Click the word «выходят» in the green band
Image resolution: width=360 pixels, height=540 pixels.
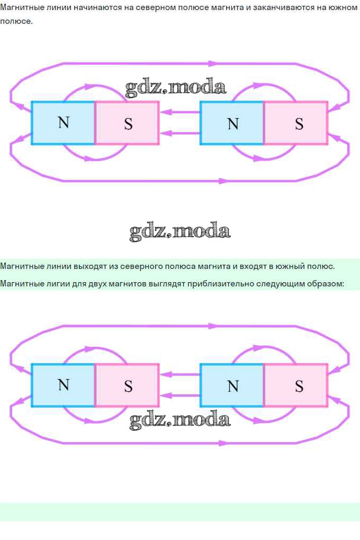click(89, 266)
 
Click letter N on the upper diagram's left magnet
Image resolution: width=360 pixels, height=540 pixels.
click(64, 123)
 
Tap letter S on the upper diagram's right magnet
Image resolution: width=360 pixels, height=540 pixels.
click(299, 124)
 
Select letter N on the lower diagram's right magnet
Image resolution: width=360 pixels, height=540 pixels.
click(233, 386)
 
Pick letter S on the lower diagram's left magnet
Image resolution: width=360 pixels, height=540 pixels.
click(128, 386)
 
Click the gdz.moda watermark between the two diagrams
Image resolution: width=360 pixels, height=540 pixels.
click(179, 231)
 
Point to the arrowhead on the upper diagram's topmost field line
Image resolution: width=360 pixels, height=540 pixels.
click(213, 64)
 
